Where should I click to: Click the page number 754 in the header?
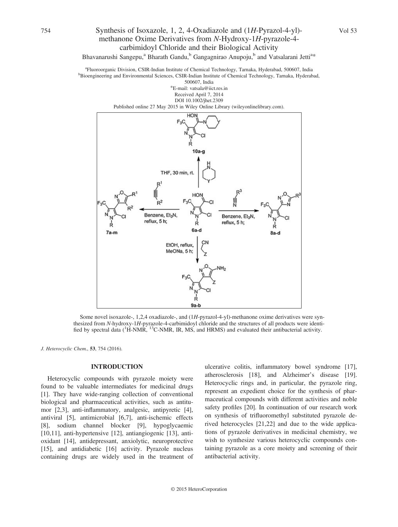46,31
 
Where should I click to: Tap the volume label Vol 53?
347,31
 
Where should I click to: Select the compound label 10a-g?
199,151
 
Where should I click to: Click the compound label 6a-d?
197,230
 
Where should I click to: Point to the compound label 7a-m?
112,232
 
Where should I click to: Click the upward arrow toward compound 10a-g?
199,172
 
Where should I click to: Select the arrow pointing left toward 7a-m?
159,209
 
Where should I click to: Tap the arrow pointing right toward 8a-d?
239,211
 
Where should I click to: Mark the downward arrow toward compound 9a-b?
197,250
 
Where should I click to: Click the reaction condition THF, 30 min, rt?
177,172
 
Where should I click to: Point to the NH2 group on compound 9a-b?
221,268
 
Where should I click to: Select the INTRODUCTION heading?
117,367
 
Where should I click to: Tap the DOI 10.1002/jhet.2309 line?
199,101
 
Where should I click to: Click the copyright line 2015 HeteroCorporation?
199,489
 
